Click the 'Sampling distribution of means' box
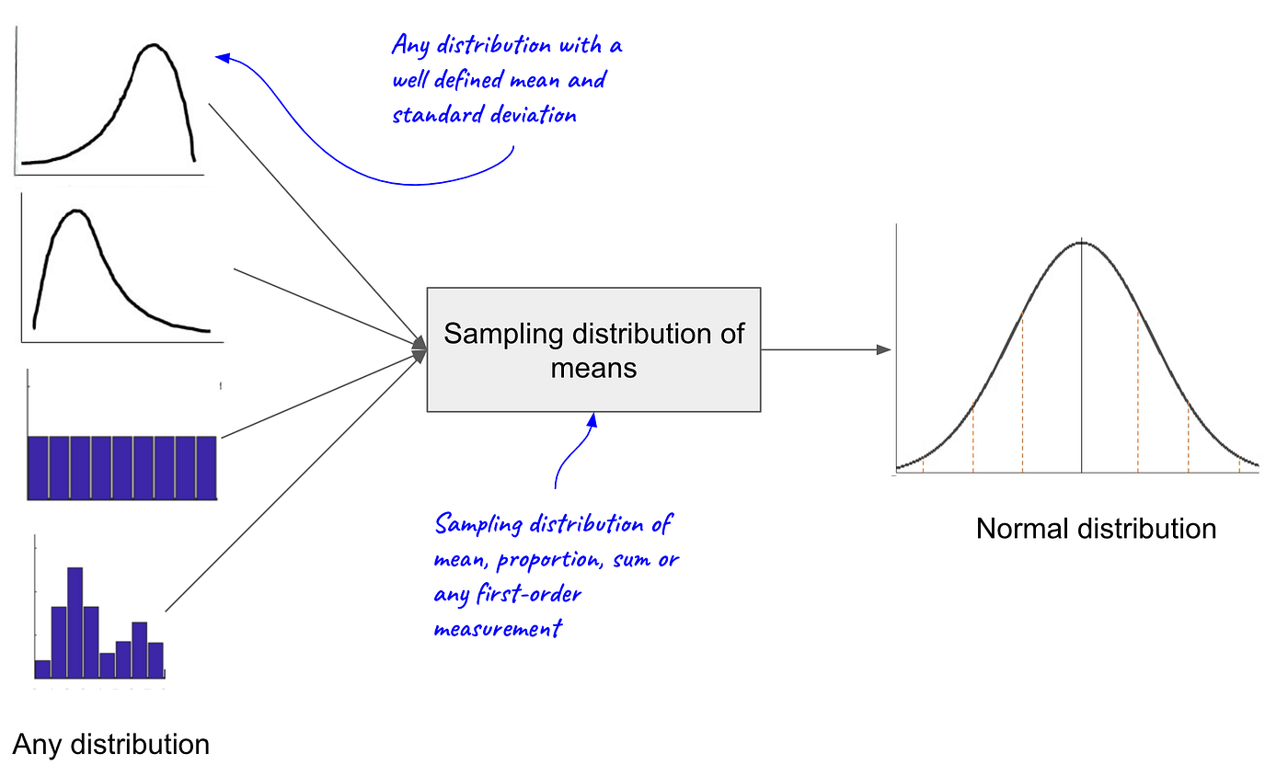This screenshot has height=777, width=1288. (x=593, y=349)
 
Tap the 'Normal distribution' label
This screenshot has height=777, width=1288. (x=1096, y=530)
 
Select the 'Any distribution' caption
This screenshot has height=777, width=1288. (x=111, y=743)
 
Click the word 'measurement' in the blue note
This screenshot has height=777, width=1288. (x=497, y=630)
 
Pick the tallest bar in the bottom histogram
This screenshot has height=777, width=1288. (x=75, y=625)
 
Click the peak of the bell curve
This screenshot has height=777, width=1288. (x=1081, y=243)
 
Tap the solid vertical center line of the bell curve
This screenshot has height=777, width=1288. (x=1081, y=368)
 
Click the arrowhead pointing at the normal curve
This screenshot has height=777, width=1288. (x=884, y=349)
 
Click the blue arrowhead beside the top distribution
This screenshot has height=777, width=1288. (x=222, y=58)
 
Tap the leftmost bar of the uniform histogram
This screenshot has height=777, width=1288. (x=38, y=468)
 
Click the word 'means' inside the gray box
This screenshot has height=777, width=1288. (x=593, y=368)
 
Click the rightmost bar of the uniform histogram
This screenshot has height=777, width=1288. (x=206, y=468)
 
